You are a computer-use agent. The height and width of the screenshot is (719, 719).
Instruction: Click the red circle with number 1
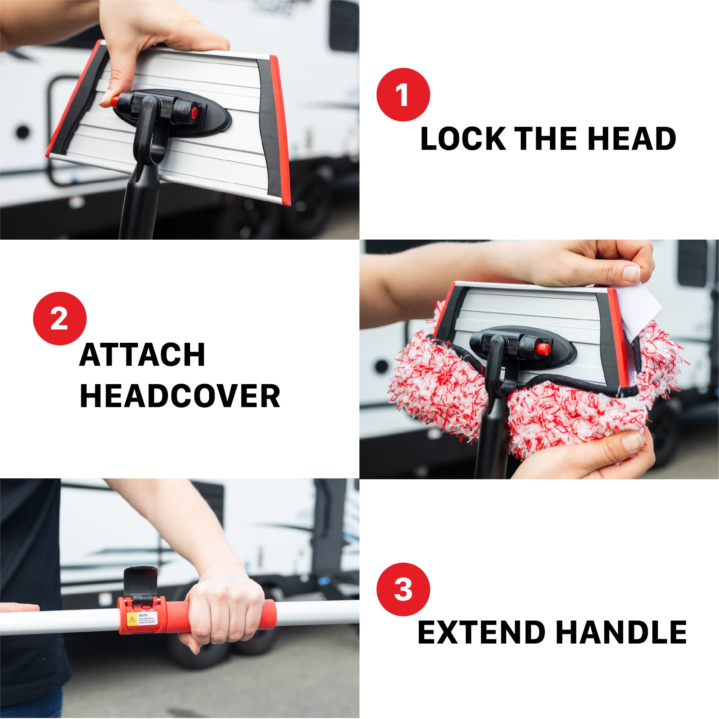pos(403,95)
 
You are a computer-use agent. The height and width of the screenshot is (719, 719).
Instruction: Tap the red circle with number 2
pos(60,319)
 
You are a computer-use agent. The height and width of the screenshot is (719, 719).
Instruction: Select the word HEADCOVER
pos(180,396)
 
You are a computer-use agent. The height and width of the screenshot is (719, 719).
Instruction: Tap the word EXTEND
pos(481,633)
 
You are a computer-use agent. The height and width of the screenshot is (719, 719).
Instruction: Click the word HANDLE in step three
pos(621,633)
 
